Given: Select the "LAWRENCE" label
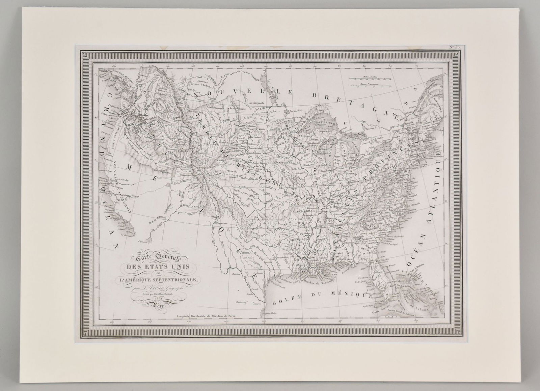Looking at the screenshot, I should [x=302, y=223].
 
